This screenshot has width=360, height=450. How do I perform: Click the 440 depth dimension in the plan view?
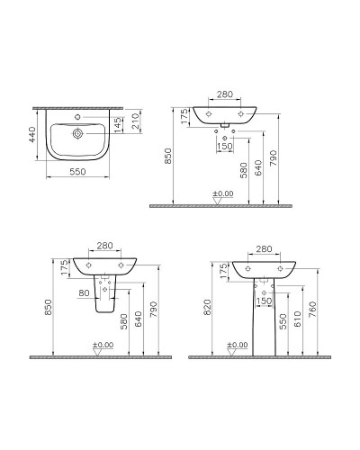pos(33,136)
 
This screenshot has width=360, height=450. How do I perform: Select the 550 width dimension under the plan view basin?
pos(78,171)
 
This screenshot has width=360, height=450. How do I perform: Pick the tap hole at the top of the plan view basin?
pos(78,116)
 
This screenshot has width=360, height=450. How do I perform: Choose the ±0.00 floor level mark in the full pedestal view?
pos(238,345)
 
